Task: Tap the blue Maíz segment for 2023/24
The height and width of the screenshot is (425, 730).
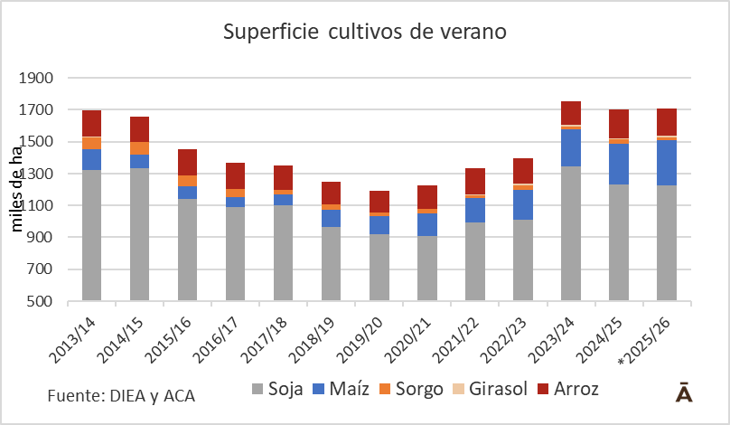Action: [x=571, y=148]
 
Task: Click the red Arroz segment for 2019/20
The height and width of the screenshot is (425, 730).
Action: [x=379, y=202]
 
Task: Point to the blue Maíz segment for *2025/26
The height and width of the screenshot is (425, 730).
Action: [x=667, y=163]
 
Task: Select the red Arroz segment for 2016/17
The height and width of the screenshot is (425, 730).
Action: [x=236, y=175]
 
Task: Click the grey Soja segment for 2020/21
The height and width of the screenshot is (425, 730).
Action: [x=427, y=268]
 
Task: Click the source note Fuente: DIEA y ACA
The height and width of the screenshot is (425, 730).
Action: [x=121, y=395]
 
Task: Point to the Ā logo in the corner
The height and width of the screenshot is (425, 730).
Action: [x=685, y=392]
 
